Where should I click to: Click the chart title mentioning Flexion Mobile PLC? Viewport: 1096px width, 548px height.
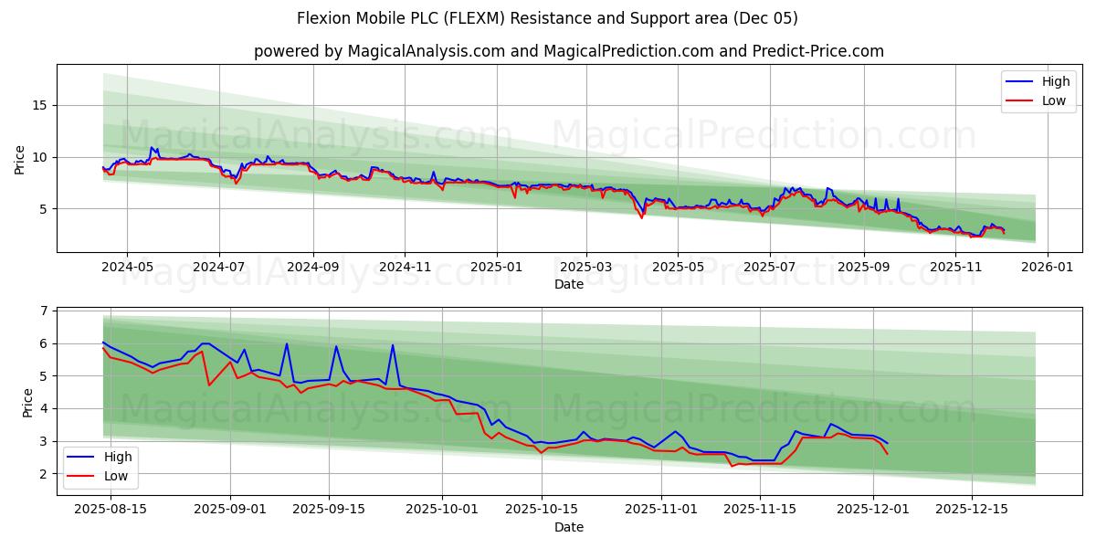[x=547, y=18]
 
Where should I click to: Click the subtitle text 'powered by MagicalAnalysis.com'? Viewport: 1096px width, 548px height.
[x=569, y=51]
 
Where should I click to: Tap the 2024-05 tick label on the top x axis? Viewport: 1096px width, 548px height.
[x=126, y=267]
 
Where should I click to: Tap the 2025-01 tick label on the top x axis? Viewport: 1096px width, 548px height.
[x=497, y=267]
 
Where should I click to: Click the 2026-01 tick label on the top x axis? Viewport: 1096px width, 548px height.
[x=1047, y=267]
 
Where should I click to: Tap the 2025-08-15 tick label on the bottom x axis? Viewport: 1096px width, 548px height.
[x=111, y=510]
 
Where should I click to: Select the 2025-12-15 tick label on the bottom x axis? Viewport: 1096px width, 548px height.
[x=972, y=510]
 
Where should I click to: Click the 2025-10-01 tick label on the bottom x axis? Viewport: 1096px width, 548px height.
[x=443, y=510]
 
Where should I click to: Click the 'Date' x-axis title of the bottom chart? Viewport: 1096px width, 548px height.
[x=569, y=527]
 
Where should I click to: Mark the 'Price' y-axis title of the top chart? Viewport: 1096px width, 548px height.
[x=20, y=158]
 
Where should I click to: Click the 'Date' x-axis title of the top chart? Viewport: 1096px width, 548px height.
[x=569, y=284]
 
